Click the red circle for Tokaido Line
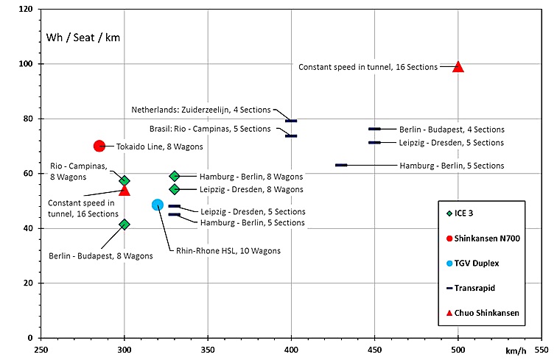point(99,146)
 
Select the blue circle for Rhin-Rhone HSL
point(158,205)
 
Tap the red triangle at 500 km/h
point(458,66)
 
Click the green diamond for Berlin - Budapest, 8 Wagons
point(125,225)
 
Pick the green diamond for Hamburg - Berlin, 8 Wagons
point(175,176)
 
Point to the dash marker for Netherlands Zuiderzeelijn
point(291,121)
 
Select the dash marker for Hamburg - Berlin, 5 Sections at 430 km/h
point(341,165)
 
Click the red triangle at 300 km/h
point(125,190)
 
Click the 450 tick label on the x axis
point(374,349)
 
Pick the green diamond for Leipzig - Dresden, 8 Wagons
point(175,189)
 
